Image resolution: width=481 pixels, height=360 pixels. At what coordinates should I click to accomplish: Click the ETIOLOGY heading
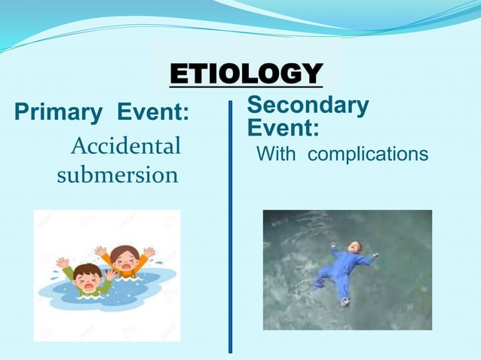pyautogui.click(x=247, y=75)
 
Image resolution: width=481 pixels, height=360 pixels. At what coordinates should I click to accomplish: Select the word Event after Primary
pyautogui.click(x=149, y=114)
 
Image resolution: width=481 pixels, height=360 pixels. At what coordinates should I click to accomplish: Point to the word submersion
pyautogui.click(x=118, y=175)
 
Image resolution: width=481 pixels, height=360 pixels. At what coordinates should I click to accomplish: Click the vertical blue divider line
pyautogui.click(x=231, y=226)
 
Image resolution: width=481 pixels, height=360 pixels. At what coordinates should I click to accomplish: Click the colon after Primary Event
pyautogui.click(x=185, y=114)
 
